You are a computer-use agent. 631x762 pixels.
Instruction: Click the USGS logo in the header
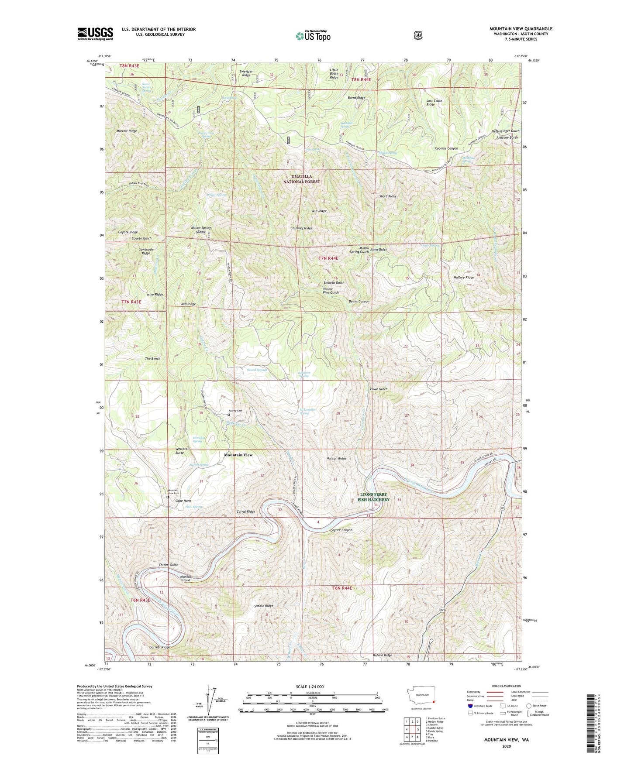coord(95,34)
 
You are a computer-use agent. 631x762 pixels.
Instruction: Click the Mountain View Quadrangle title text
coord(521,29)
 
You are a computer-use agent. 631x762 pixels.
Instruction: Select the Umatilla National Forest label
coord(302,179)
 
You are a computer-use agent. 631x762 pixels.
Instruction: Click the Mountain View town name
coord(238,455)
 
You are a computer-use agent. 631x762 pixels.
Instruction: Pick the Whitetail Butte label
coord(183,451)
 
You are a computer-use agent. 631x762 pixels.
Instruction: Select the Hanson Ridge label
coord(336,459)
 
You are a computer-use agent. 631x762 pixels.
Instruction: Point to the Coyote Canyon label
coord(341,530)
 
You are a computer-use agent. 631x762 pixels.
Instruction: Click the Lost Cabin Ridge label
coord(434,103)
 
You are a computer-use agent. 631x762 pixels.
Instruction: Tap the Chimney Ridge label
coord(301,228)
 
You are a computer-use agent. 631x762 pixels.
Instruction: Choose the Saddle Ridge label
coord(263,606)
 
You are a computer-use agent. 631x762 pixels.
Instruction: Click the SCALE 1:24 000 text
coord(310,686)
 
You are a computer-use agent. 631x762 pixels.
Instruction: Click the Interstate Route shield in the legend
coord(470,706)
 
